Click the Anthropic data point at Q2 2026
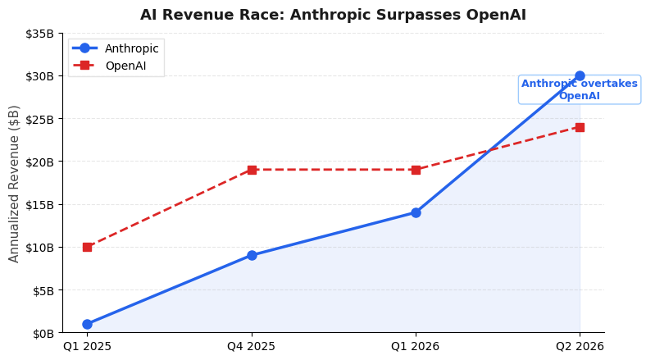tap(580, 75)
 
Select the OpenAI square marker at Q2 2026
tap(580, 127)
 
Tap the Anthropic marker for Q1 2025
tap(87, 324)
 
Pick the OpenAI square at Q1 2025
tap(87, 247)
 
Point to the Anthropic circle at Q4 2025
tap(252, 255)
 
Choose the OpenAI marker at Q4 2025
tap(252, 170)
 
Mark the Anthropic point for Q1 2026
tap(416, 212)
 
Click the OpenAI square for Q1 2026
tap(416, 170)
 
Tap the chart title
tap(333, 15)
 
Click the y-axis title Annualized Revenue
tap(15, 183)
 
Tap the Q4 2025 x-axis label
tap(252, 347)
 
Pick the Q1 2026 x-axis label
tap(416, 347)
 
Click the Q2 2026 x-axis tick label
tap(580, 347)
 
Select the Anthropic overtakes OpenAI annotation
tap(580, 89)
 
